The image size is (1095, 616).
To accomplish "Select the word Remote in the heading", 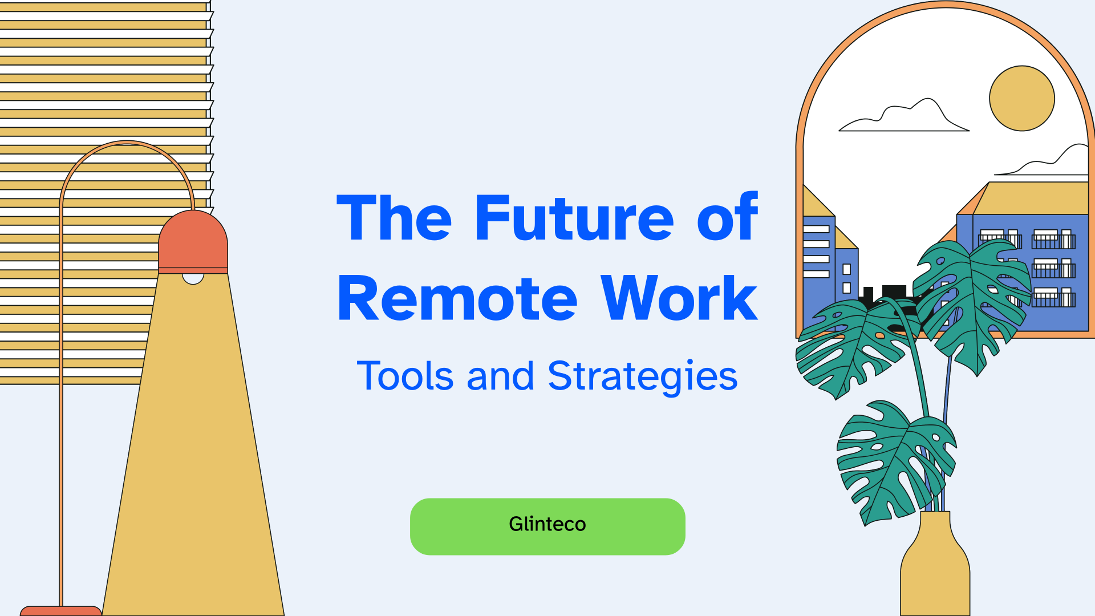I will click(x=457, y=299).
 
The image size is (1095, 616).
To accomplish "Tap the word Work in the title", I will click(x=679, y=299).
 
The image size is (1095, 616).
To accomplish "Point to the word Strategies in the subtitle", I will click(x=642, y=376).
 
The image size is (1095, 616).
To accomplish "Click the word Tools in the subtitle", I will click(x=405, y=376).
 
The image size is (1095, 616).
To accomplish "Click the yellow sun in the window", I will click(x=1021, y=98).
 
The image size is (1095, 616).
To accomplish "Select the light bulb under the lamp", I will click(x=193, y=278).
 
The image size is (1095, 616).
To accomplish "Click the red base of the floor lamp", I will click(x=60, y=611).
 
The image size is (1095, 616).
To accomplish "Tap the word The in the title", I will click(x=394, y=218).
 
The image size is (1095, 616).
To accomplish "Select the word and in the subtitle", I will click(x=500, y=376).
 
